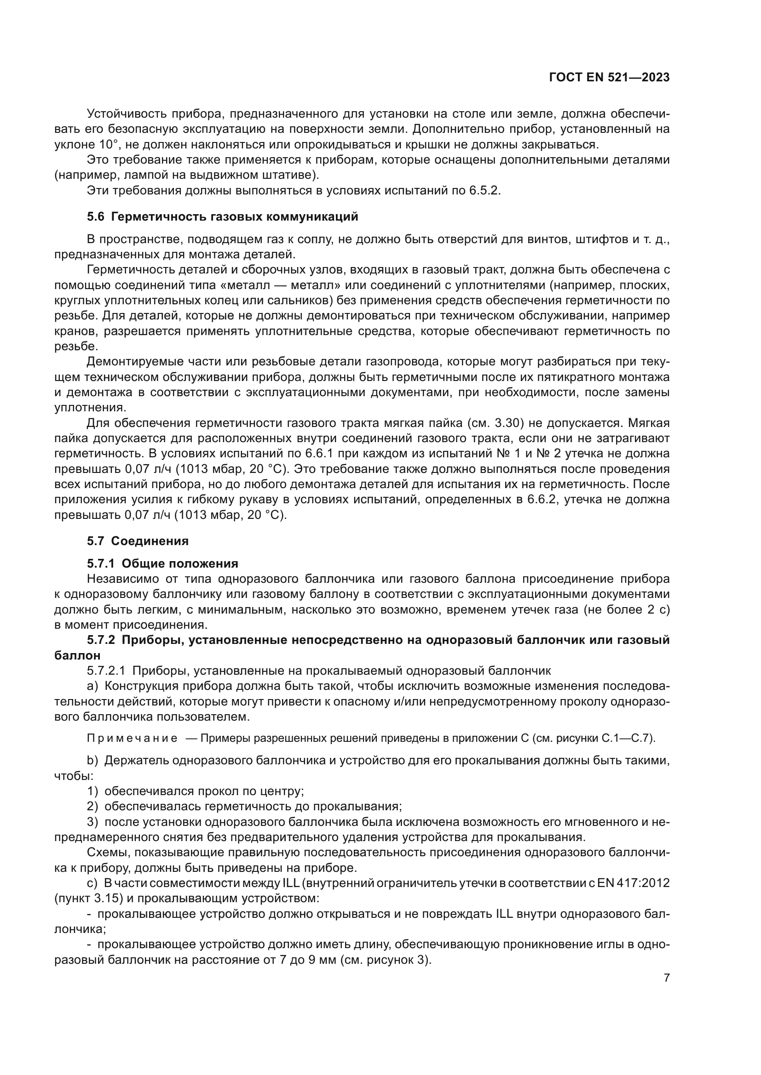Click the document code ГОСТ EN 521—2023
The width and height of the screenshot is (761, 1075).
[609, 77]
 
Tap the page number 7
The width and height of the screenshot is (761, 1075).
[666, 978]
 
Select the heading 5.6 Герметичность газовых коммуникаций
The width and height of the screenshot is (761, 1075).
[222, 217]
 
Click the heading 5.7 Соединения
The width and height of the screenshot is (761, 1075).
[137, 541]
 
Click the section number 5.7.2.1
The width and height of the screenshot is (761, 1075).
[105, 671]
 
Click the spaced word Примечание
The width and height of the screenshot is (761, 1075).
[132, 739]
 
